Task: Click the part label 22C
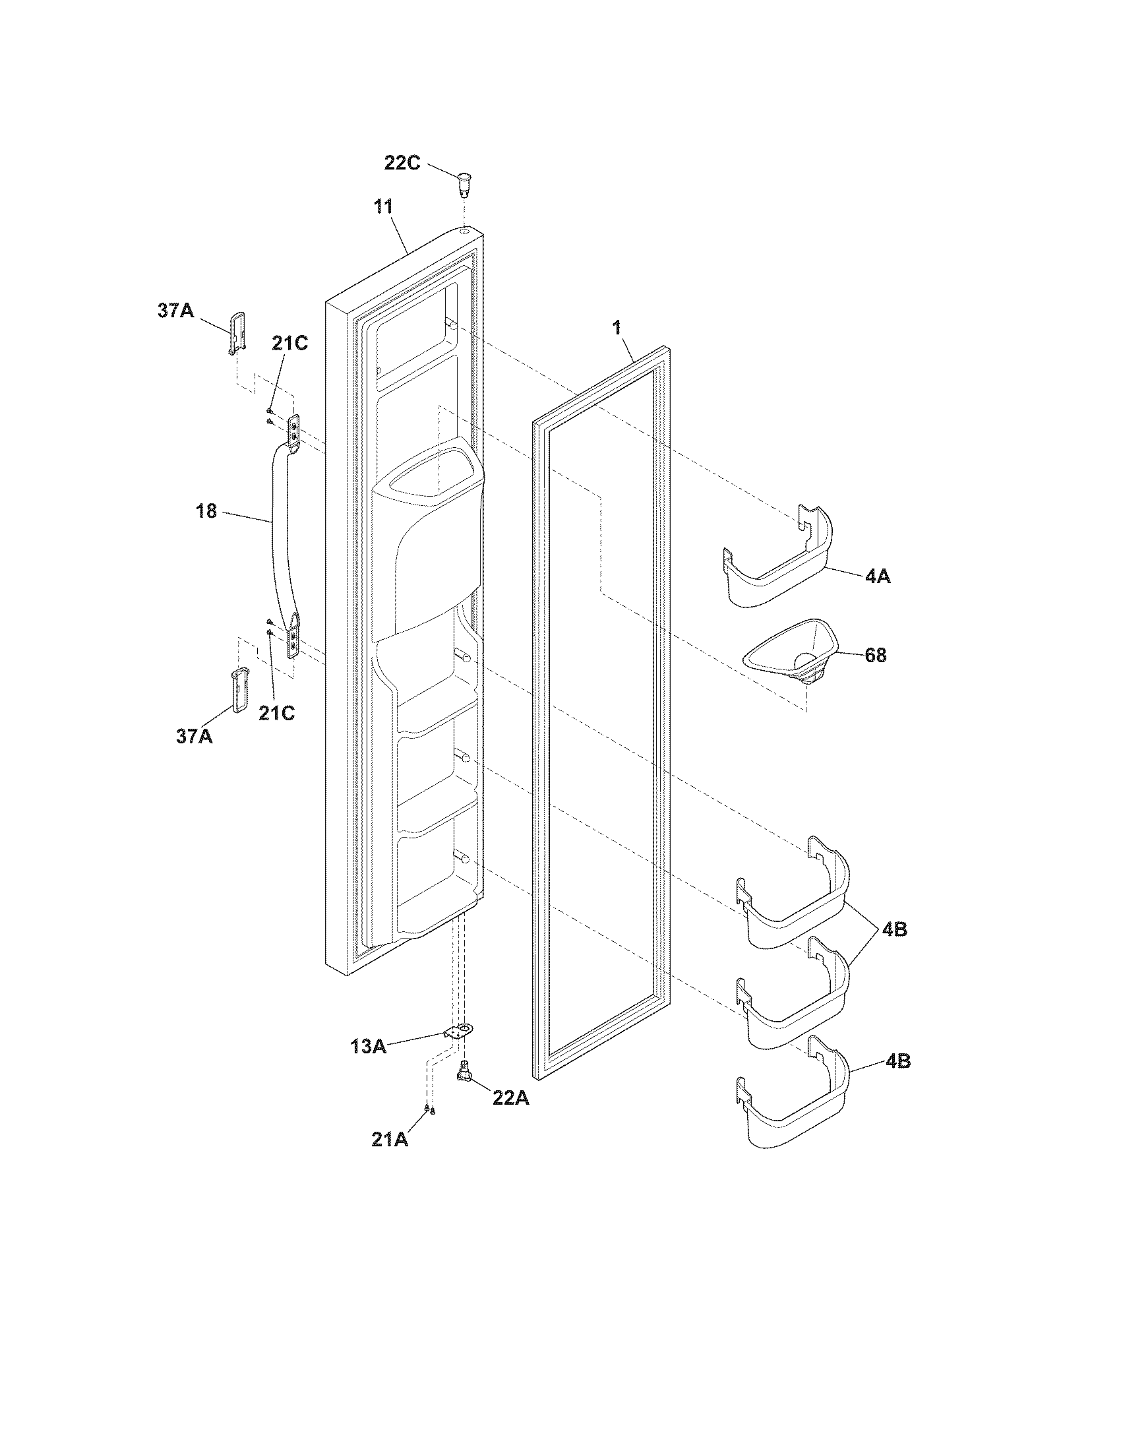402,162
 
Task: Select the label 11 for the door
382,206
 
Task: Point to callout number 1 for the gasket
617,328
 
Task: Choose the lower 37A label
195,735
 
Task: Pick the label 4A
877,576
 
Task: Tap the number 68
875,656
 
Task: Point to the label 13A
369,1047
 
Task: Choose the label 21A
390,1140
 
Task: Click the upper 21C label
289,344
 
